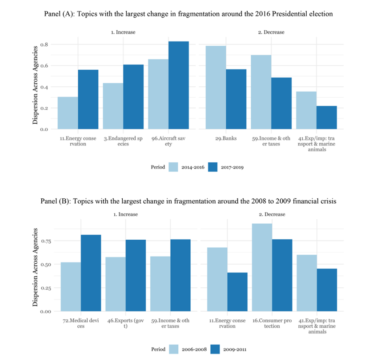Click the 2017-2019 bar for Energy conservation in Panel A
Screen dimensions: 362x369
click(88, 100)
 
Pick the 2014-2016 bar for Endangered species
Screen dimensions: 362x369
click(113, 106)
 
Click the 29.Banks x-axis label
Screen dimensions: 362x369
click(226, 138)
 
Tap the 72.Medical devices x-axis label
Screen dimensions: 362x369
click(80, 323)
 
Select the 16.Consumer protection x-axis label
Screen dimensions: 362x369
click(269, 323)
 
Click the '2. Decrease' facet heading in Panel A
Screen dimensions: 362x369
click(271, 32)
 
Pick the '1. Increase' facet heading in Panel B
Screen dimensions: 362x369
click(125, 214)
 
